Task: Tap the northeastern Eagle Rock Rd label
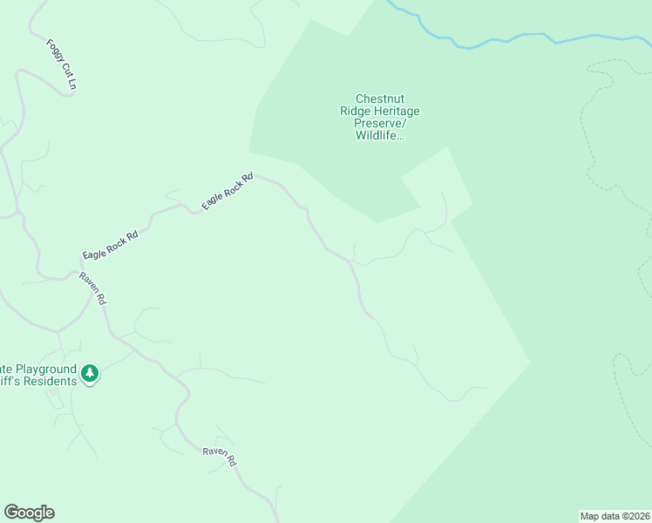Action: click(x=227, y=190)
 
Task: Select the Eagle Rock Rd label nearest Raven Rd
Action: click(x=111, y=245)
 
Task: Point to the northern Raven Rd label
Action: click(x=92, y=288)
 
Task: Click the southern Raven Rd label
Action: click(x=220, y=456)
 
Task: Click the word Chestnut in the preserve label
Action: click(x=379, y=99)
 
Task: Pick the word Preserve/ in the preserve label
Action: click(x=379, y=124)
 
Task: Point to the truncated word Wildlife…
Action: click(x=379, y=136)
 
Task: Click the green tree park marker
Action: click(x=89, y=375)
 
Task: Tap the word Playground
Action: click(x=45, y=369)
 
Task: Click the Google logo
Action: click(x=29, y=513)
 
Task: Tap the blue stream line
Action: click(x=523, y=37)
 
